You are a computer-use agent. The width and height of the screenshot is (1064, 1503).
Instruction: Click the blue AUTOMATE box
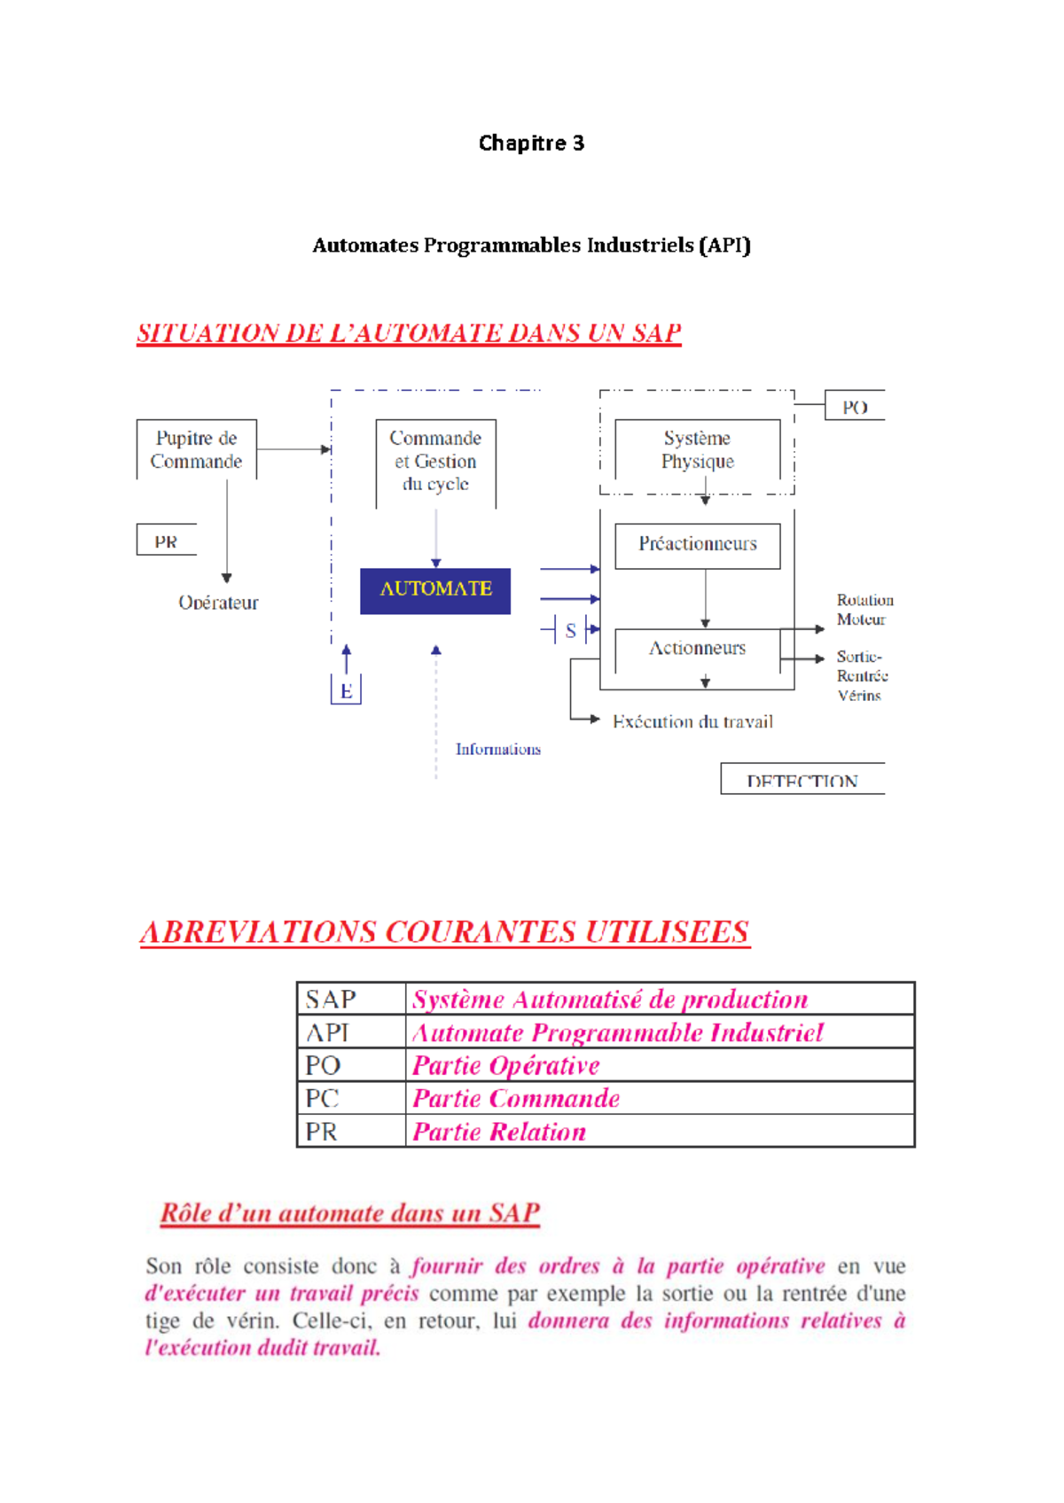[x=435, y=590]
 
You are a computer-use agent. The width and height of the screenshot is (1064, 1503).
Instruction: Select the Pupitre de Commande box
[x=196, y=449]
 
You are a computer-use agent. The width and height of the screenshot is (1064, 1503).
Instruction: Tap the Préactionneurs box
[x=698, y=544]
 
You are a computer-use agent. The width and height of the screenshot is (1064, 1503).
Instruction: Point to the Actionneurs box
[x=697, y=649]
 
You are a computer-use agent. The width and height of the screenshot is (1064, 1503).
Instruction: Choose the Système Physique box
[x=697, y=449]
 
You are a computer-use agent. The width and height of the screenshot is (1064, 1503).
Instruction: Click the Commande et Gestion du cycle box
[x=435, y=461]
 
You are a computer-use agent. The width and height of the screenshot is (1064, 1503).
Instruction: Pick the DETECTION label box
[x=802, y=780]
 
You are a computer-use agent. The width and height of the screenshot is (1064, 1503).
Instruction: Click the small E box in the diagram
[x=346, y=690]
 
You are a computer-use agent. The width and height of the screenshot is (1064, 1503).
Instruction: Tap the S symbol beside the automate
[x=570, y=630]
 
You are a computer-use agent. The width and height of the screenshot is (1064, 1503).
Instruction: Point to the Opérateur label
[x=218, y=603]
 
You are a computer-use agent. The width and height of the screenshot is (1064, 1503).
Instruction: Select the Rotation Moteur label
[x=864, y=610]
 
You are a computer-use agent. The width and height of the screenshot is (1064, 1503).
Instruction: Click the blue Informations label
[x=497, y=750]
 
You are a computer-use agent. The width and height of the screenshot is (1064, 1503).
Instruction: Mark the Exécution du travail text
[x=692, y=721]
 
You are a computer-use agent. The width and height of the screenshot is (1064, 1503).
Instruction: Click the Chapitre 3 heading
[x=531, y=143]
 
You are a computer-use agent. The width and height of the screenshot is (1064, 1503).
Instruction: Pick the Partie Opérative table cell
[x=506, y=1065]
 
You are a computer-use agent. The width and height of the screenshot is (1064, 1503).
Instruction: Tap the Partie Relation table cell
[x=499, y=1132]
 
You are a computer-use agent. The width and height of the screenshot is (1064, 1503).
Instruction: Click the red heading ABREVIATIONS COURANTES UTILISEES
[x=444, y=932]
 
